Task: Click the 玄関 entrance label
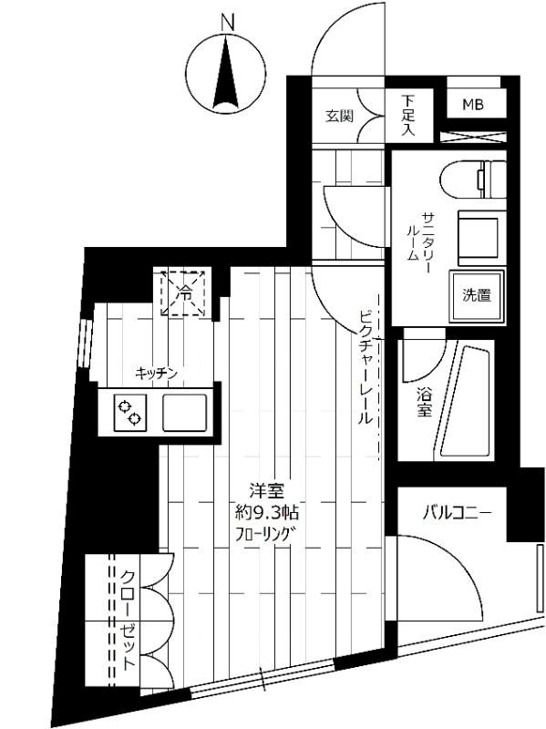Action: [339, 116]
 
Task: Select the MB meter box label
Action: [472, 105]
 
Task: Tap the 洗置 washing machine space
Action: [476, 295]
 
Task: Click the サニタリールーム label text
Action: [420, 235]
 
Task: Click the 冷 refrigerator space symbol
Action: [184, 293]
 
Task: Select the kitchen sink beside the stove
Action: [185, 412]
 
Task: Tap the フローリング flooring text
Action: [262, 533]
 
